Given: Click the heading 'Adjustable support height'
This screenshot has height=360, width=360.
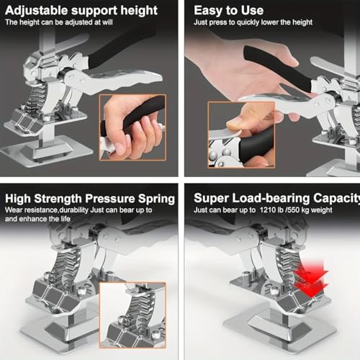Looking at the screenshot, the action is tap(81, 11).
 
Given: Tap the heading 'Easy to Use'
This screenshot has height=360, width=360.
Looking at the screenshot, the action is tap(229, 11).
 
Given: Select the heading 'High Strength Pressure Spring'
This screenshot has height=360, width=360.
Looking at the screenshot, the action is tap(90, 199).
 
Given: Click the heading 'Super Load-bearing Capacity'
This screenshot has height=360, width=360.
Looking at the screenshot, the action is tap(276, 198).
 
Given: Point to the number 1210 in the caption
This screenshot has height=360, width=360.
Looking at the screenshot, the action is tap(268, 210).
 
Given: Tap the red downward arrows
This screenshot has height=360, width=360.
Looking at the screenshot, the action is tap(312, 279).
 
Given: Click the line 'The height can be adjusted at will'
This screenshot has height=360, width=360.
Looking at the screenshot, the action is tap(59, 22).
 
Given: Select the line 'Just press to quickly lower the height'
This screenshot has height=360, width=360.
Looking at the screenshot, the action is tap(253, 22).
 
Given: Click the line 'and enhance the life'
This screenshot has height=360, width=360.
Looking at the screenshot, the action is tap(37, 219).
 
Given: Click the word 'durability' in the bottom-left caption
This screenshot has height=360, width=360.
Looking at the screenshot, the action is tap(74, 210).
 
